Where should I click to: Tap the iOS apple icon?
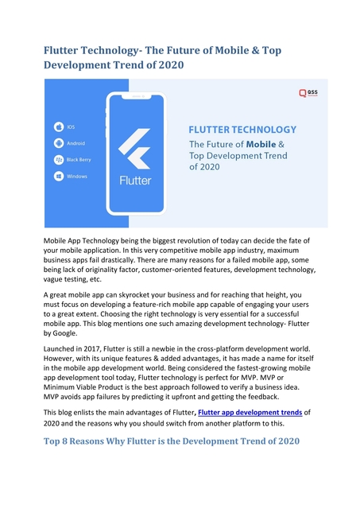tap(58, 127)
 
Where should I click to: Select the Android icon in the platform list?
tap(58, 143)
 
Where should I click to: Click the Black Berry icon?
tap(58, 160)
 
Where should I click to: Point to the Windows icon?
tap(58, 176)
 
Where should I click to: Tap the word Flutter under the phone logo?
tap(135, 181)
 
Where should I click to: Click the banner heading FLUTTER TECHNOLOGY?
tap(242, 129)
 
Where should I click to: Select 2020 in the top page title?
tap(169, 66)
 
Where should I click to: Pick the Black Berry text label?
tap(78, 160)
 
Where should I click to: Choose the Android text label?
tap(75, 143)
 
